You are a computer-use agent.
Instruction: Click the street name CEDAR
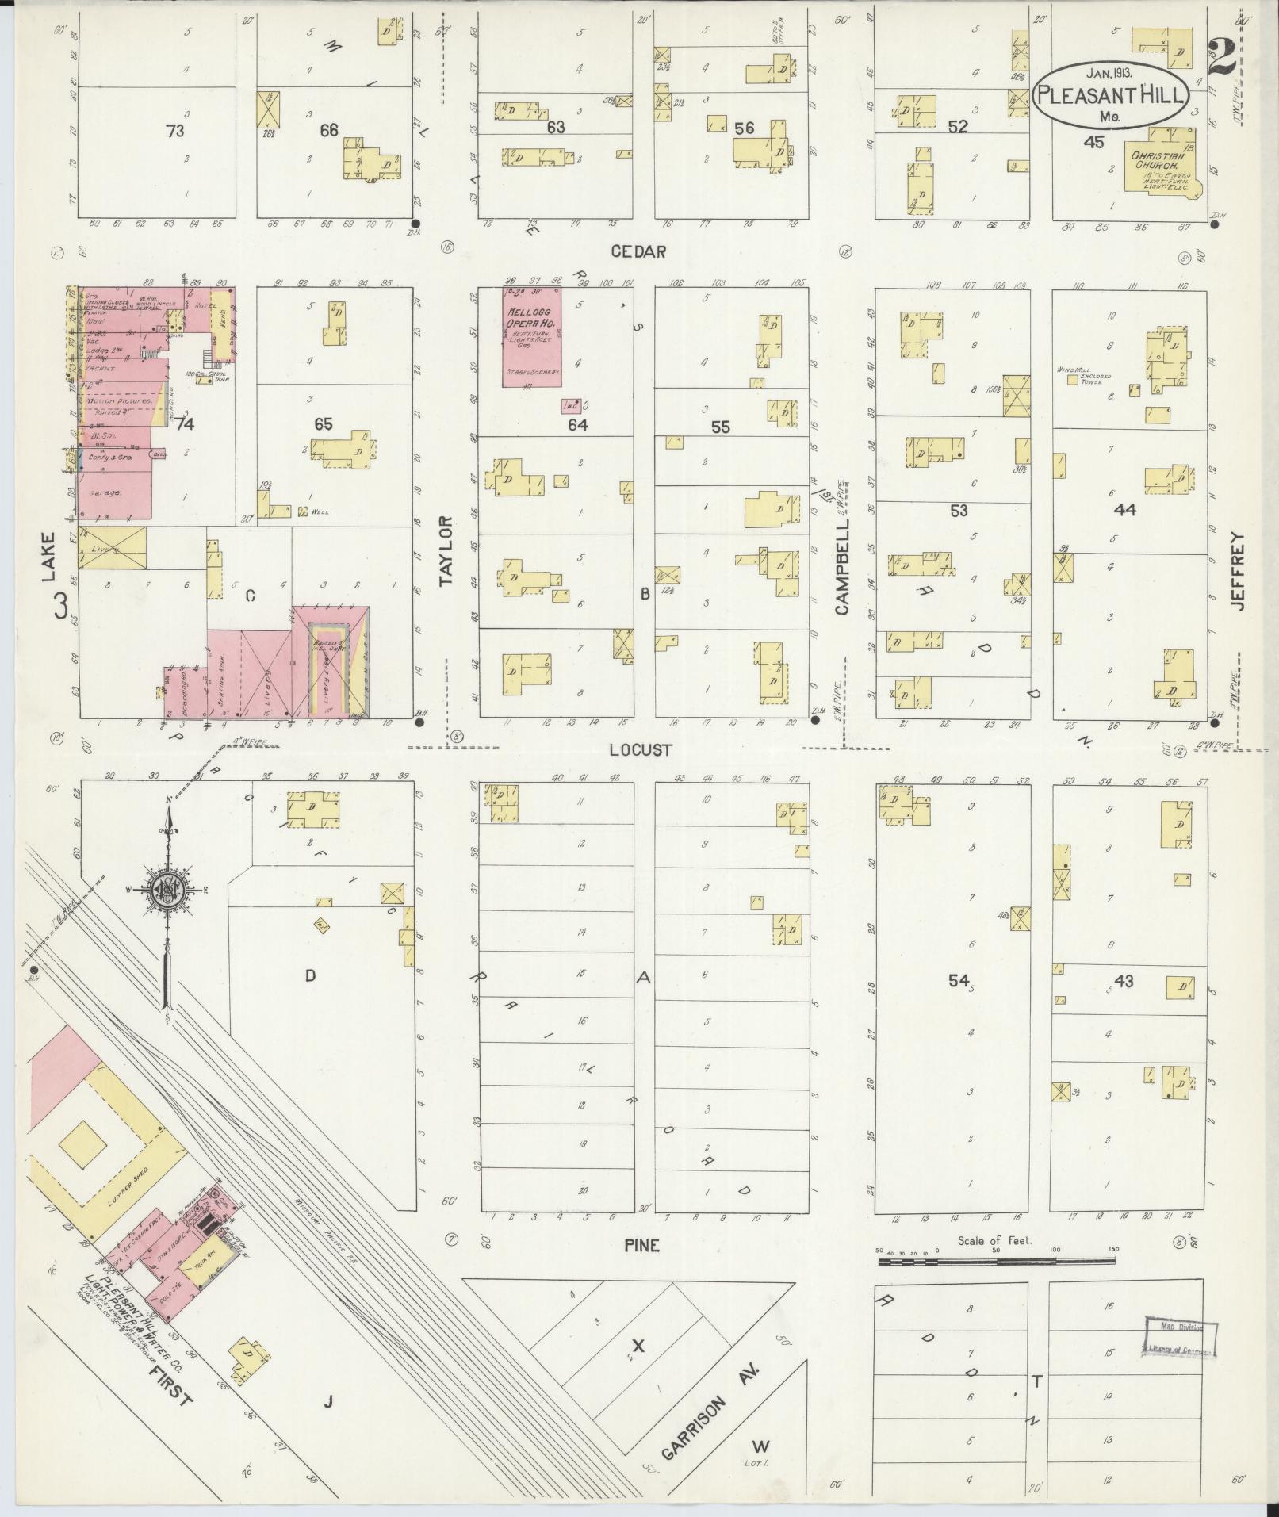638,251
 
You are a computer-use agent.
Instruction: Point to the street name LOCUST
641,749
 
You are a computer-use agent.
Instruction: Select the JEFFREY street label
1239,570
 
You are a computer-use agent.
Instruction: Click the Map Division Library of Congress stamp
1180,1339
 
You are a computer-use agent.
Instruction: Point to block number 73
174,130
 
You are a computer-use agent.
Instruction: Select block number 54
959,981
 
